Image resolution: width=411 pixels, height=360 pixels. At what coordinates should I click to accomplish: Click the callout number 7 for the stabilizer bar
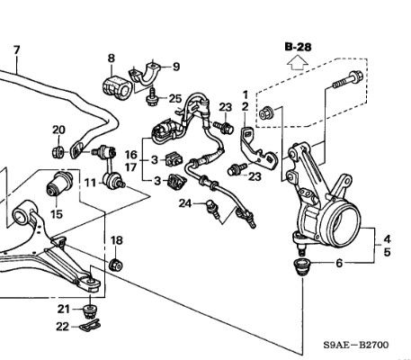pyautogui.click(x=16, y=49)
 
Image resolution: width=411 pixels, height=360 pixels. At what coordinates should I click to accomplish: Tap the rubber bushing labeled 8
pyautogui.click(x=117, y=87)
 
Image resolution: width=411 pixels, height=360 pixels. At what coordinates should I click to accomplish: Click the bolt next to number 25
pyautogui.click(x=152, y=97)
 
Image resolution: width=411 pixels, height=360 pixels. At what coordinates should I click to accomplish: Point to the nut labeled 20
pyautogui.click(x=58, y=152)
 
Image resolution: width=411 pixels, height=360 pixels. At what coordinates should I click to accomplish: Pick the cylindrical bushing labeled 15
pyautogui.click(x=59, y=183)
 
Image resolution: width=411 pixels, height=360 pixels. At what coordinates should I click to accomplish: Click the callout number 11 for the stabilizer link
pyautogui.click(x=90, y=183)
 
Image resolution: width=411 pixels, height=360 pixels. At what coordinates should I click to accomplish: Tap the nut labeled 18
pyautogui.click(x=115, y=265)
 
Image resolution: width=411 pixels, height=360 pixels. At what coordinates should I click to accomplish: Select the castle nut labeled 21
pyautogui.click(x=89, y=311)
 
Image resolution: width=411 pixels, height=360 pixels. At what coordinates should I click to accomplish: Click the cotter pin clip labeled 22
pyautogui.click(x=90, y=326)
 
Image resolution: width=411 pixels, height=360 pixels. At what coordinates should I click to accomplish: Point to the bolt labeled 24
pyautogui.click(x=212, y=209)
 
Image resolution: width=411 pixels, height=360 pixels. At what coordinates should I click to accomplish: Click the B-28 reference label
pyautogui.click(x=299, y=47)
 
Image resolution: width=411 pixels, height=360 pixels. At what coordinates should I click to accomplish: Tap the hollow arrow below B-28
pyautogui.click(x=297, y=64)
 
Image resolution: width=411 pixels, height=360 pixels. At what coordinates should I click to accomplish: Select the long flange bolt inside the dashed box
pyautogui.click(x=348, y=79)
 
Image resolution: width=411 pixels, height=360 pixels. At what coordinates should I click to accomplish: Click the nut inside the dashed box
pyautogui.click(x=265, y=112)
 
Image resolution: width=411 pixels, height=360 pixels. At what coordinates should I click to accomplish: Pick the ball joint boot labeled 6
pyautogui.click(x=301, y=266)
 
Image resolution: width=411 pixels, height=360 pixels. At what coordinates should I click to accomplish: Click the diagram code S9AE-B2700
pyautogui.click(x=356, y=345)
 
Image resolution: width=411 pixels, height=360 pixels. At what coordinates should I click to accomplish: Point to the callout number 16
pyautogui.click(x=130, y=155)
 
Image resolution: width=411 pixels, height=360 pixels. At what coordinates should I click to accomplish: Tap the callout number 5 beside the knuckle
pyautogui.click(x=388, y=252)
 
